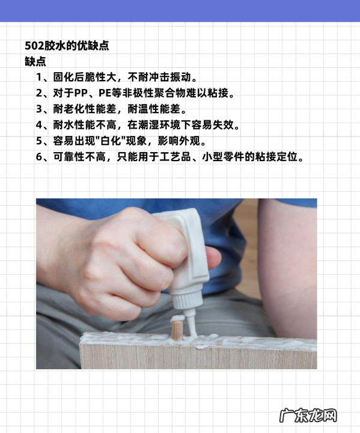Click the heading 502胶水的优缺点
(x=67, y=46)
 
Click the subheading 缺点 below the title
(x=35, y=61)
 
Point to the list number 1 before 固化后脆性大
(x=38, y=78)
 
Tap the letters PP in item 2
(x=81, y=93)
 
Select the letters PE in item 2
(x=105, y=93)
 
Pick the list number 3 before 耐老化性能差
(x=39, y=109)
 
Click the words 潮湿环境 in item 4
(x=159, y=125)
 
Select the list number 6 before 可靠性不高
(x=39, y=157)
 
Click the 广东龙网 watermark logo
(x=308, y=416)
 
